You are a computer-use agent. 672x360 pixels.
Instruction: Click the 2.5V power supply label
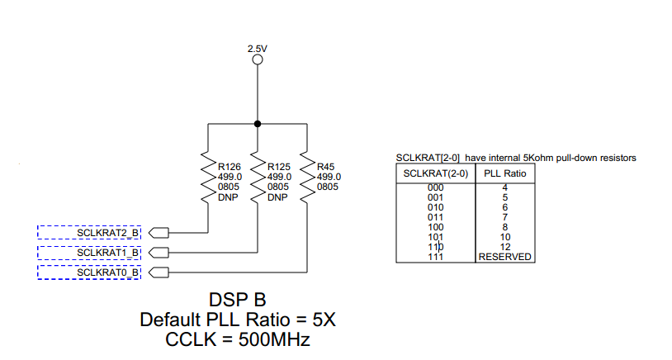pos(258,49)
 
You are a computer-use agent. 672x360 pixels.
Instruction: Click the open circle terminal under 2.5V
pos(258,59)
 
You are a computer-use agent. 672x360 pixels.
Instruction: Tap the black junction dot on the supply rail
pos(258,124)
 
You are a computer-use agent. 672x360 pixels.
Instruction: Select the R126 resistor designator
pos(229,167)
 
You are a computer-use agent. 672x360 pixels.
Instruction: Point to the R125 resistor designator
pos(278,167)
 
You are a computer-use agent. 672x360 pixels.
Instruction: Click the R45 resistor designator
pos(327,167)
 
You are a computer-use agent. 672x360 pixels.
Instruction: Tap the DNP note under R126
pos(227,197)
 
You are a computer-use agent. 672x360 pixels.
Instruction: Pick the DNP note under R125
pos(277,197)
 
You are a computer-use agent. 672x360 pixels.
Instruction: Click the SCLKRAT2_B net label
pos(108,232)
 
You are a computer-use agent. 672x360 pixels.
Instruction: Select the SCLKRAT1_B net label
pos(108,252)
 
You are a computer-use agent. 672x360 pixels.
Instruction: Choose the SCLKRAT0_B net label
pos(108,272)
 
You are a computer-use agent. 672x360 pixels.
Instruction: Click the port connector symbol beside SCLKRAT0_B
pos(159,272)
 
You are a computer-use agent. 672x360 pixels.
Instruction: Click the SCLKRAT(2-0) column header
pos(435,173)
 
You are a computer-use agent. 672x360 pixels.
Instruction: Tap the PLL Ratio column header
pos(504,173)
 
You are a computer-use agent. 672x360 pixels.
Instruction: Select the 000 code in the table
pos(435,188)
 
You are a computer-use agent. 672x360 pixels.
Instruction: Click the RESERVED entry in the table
pos(504,257)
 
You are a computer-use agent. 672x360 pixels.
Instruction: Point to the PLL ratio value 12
pos(504,247)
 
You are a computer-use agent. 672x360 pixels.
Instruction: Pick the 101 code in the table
pos(435,237)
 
